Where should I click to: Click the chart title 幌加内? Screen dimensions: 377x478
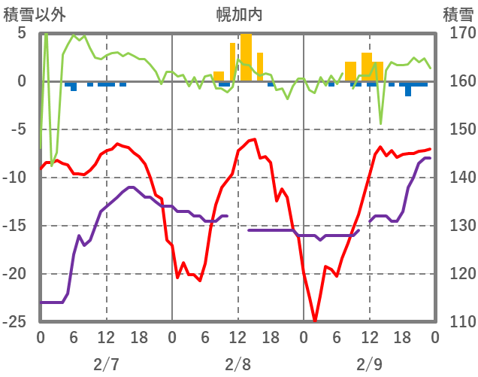pyautogui.click(x=238, y=14)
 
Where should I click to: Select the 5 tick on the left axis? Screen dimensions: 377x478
pyautogui.click(x=21, y=33)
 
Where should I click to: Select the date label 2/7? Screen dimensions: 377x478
pyautogui.click(x=106, y=364)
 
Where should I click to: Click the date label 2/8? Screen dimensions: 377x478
pyautogui.click(x=237, y=364)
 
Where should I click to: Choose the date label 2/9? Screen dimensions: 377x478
pyautogui.click(x=369, y=364)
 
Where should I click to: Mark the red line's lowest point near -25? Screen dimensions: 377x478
pyautogui.click(x=315, y=320)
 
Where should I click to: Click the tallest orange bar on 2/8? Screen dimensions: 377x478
pyautogui.click(x=246, y=57)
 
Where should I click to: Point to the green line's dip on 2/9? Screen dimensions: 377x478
pyautogui.click(x=381, y=123)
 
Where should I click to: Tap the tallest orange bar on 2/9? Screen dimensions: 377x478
pyautogui.click(x=367, y=67)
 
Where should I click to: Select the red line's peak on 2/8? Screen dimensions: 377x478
pyautogui.click(x=254, y=140)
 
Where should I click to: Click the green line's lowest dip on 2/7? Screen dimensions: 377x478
pyautogui.click(x=52, y=161)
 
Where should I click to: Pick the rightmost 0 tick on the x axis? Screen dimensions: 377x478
pyautogui.click(x=435, y=337)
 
